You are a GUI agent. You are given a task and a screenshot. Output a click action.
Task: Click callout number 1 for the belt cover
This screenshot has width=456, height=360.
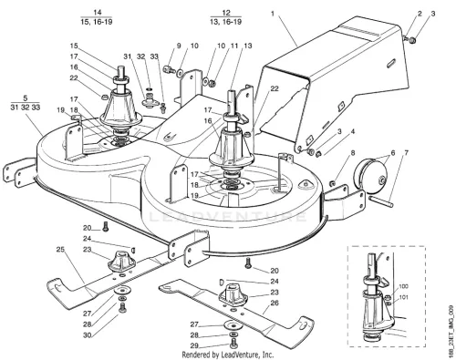coord(273,14)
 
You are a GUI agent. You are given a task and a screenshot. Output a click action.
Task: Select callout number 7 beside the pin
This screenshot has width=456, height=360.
coord(407,153)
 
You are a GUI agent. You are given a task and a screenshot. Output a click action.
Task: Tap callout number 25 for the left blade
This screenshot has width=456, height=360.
coord(60,250)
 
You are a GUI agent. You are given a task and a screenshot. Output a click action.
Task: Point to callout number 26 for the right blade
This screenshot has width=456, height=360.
coord(275,303)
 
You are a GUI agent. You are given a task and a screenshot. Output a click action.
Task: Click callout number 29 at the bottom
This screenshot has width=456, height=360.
coord(194,345)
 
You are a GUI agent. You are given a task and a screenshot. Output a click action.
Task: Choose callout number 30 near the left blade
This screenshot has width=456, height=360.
coord(88,335)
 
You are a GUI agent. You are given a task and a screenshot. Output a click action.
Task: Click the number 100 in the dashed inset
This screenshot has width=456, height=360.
coord(403,286)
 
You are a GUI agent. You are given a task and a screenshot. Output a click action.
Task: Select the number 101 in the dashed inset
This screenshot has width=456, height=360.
coord(403,297)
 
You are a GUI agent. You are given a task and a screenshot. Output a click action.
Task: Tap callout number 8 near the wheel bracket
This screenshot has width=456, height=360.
coord(353,153)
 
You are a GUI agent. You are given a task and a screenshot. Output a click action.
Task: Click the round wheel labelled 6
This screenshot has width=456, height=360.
coord(371,175)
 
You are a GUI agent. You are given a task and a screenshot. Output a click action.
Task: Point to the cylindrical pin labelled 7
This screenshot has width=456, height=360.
coord(381,202)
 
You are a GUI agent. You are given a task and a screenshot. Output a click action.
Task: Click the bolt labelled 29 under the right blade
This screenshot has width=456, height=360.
coord(233,345)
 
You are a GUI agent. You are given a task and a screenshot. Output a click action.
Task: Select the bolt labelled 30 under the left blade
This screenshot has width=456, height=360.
coord(122,308)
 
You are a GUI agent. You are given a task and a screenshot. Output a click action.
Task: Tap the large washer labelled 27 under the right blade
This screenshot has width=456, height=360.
coord(233,325)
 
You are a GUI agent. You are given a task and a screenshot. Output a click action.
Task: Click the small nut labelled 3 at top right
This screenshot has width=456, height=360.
coord(412,40)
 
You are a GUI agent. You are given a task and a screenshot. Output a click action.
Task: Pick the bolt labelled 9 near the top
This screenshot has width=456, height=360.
coord(169,69)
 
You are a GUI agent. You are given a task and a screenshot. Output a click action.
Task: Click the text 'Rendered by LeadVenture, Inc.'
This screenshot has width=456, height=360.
coord(228,355)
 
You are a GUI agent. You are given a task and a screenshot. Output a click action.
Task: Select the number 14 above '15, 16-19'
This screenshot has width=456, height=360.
coord(98,13)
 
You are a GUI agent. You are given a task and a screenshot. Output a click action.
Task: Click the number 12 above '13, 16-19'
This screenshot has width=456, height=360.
coord(226,13)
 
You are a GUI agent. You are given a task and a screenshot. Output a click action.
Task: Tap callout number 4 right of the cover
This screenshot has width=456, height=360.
coord(353,131)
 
